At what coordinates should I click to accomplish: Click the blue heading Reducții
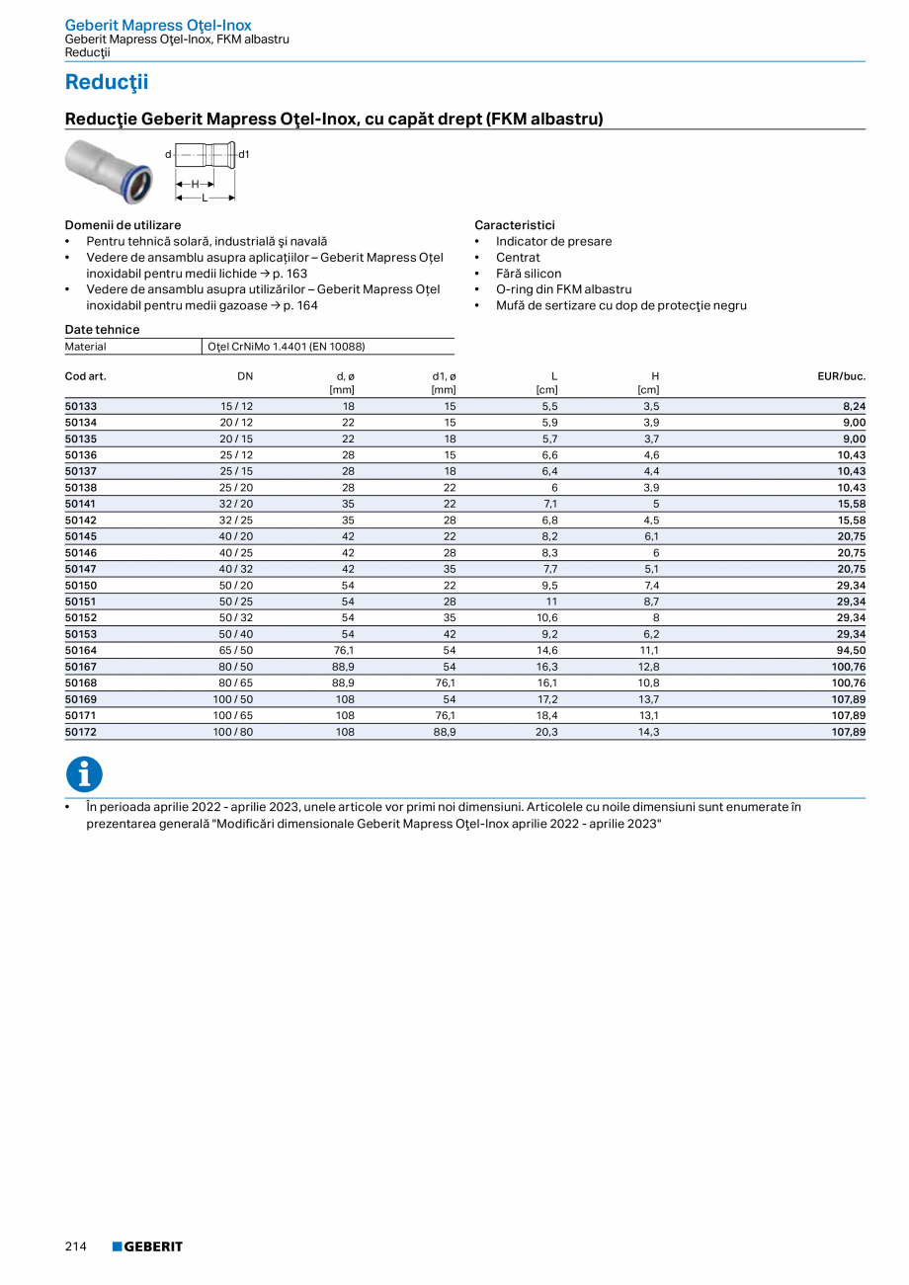(x=107, y=82)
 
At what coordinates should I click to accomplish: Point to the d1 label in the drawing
(x=244, y=154)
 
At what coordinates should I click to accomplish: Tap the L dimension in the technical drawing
(x=205, y=198)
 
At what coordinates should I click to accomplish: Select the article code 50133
(x=81, y=406)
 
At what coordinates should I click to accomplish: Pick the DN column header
(x=245, y=376)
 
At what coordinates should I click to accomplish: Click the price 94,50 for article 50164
(x=851, y=650)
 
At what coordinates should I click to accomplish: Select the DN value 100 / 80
(x=236, y=732)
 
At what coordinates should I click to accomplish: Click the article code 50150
(x=81, y=586)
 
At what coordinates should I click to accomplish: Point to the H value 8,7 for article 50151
(x=651, y=602)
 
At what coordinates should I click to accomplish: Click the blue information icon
(x=84, y=774)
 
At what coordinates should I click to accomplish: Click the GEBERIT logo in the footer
(x=148, y=1246)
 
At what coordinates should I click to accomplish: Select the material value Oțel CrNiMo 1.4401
(x=279, y=347)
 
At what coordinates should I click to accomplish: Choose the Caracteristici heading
(x=514, y=225)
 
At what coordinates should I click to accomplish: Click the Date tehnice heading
(x=102, y=330)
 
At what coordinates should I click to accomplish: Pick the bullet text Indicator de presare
(x=553, y=241)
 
